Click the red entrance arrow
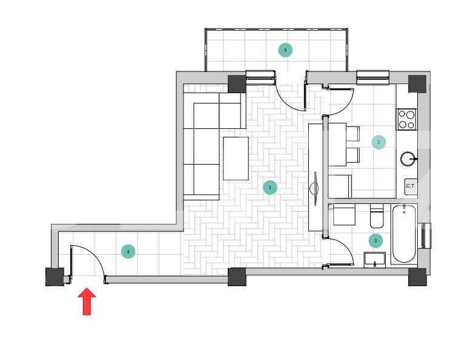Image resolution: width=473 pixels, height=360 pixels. pos(87,301)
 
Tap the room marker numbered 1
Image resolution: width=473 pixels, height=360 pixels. pos(270,188)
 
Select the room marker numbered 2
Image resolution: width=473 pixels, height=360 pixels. pos(379,142)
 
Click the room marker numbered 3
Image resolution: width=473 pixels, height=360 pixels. pos(375,241)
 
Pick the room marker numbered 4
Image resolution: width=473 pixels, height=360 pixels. pos(128,251)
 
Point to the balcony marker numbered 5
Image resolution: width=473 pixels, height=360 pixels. pos(285,50)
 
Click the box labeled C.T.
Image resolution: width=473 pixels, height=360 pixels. pos(411,186)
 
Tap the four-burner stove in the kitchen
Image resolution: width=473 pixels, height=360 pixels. pos(406,119)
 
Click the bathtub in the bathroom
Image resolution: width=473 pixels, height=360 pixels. pos(404,234)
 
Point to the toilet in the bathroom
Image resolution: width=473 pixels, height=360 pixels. pos(377,215)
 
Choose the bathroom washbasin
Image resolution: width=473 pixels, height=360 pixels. pos(375,260)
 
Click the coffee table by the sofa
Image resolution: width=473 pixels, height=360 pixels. pos(236,159)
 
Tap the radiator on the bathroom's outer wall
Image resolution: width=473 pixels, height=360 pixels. pos(426,235)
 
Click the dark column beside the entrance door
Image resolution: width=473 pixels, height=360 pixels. pos(55,277)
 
